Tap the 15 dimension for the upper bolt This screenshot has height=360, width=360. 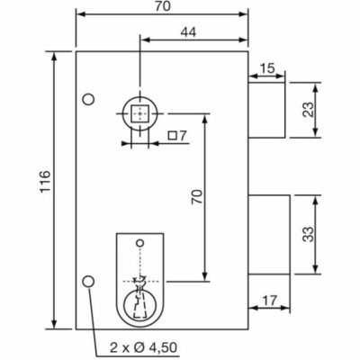click(267, 67)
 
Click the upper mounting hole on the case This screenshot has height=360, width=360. click(88, 98)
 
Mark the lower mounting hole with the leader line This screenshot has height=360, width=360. click(88, 282)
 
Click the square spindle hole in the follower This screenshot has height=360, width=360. click(139, 113)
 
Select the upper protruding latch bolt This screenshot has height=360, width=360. click(266, 108)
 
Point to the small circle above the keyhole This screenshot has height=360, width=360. click(139, 243)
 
